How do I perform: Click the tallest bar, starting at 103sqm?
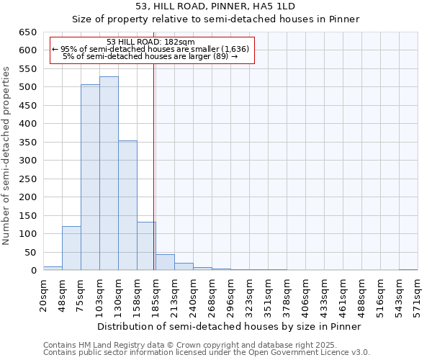(109, 174)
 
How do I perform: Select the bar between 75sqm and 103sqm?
(90, 178)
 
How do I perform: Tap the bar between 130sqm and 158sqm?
(127, 206)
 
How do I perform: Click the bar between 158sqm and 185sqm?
(146, 246)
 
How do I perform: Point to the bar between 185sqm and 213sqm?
(165, 263)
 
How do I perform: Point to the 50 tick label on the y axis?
(30, 253)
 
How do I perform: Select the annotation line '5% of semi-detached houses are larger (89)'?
(150, 56)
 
